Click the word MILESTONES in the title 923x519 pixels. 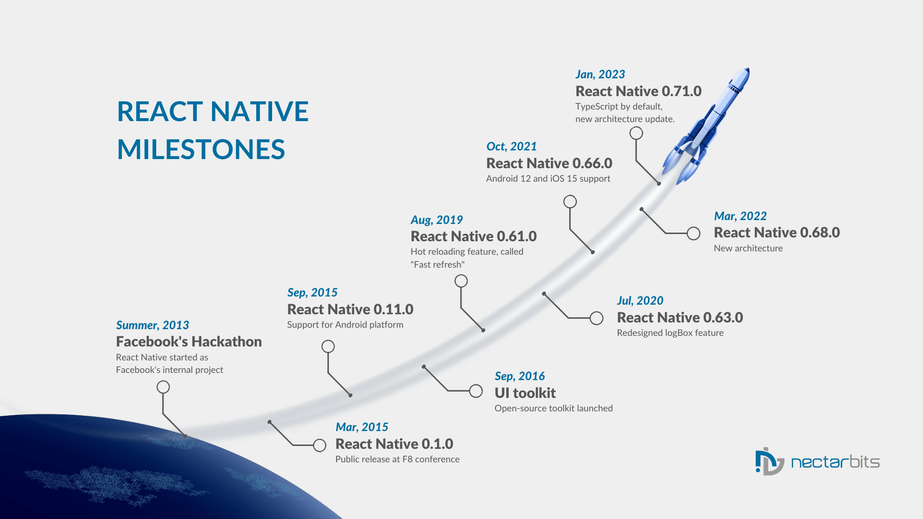point(201,149)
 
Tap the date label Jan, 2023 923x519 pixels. point(600,74)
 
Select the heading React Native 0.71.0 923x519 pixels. point(638,91)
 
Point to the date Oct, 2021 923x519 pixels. point(511,147)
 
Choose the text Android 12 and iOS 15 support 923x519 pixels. point(548,179)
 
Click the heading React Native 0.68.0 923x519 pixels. point(777,233)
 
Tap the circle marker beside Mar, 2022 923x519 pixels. point(693,234)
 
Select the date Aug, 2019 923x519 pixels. point(437,220)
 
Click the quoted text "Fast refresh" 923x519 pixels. point(437,265)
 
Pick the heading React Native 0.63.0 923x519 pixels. point(680,318)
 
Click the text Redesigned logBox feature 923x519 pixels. point(670,333)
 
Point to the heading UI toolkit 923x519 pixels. point(525,393)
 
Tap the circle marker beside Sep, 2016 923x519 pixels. point(476,391)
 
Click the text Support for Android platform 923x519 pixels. point(345,325)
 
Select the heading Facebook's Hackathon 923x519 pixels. point(189,342)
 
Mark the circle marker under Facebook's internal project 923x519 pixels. point(163,387)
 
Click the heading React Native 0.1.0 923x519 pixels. point(394,444)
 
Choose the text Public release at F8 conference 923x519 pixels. point(398,459)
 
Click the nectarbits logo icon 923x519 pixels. point(769,462)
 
